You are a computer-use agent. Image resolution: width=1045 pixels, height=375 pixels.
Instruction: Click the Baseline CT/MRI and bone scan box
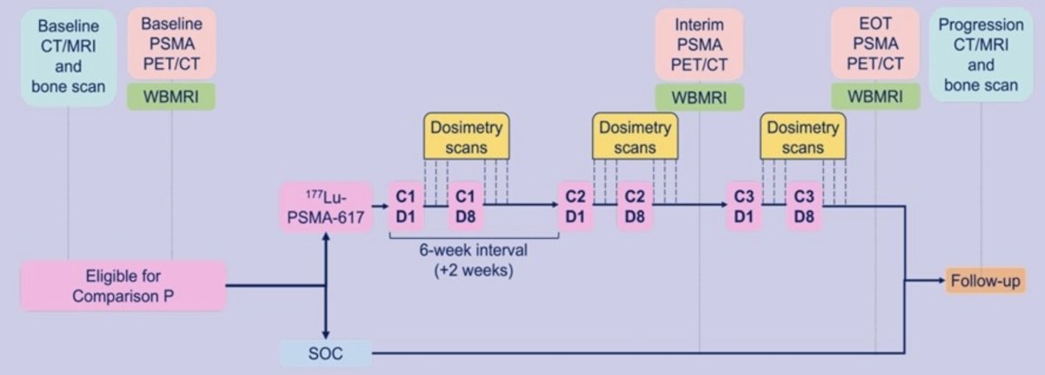tap(69, 57)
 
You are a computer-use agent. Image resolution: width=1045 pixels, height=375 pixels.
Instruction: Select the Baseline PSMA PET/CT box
tap(172, 44)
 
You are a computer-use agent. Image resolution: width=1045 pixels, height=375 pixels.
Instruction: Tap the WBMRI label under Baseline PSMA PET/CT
tap(172, 97)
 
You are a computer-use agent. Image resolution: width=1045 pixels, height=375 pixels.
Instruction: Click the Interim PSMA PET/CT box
tap(699, 44)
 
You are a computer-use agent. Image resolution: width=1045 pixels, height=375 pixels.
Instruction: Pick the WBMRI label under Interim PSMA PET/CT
tap(699, 98)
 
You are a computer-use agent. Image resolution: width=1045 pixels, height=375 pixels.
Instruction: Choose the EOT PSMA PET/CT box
tap(875, 44)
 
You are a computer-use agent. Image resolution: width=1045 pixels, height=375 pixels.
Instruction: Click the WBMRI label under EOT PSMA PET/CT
tap(875, 97)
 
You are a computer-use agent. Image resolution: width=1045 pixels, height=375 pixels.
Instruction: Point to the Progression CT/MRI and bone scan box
tap(981, 55)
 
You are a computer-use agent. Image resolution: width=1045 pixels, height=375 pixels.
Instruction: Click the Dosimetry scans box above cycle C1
tap(467, 137)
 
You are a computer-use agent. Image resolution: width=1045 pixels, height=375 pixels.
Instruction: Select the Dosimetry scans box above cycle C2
tap(635, 137)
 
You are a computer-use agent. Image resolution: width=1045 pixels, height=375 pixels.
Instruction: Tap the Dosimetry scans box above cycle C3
tap(803, 137)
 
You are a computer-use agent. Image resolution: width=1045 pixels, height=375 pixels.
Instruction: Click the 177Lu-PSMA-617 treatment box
tap(326, 208)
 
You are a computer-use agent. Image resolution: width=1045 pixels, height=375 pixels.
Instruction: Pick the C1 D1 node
tap(406, 207)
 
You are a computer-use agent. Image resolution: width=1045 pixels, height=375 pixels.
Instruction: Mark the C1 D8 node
tap(466, 207)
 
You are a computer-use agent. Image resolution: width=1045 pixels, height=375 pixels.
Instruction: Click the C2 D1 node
tap(576, 207)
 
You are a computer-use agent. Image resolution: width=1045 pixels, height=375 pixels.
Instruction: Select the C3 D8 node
tap(805, 207)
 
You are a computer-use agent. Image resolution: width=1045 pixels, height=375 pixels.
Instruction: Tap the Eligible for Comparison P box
tap(124, 286)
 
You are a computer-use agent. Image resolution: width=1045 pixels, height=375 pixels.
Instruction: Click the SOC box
tap(326, 353)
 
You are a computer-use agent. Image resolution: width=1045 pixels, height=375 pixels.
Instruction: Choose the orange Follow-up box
tap(985, 281)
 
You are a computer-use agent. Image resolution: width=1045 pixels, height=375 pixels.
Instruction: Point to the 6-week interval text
tap(474, 249)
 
